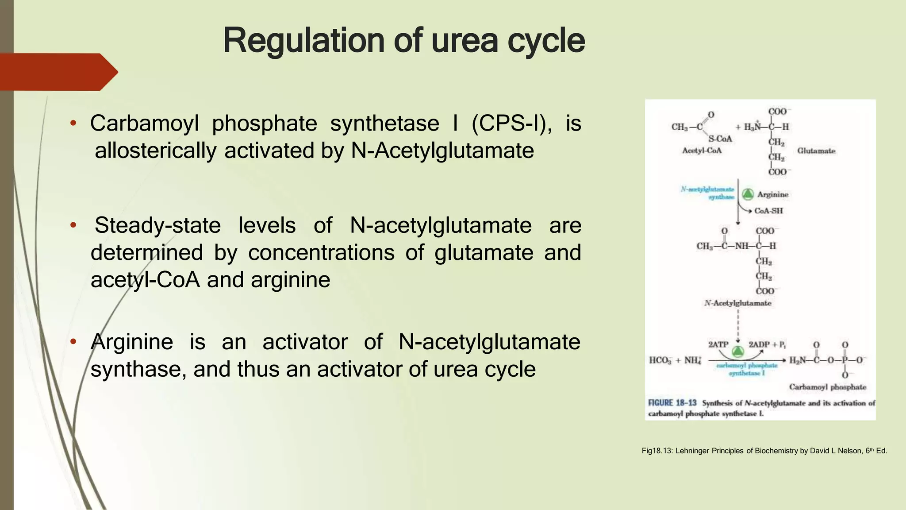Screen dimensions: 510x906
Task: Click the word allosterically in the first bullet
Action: (x=155, y=151)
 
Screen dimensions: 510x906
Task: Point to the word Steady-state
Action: (x=157, y=225)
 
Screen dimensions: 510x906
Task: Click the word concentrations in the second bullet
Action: (x=321, y=253)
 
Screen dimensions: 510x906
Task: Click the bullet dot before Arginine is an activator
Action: (x=73, y=342)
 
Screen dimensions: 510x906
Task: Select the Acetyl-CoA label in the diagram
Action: (x=702, y=151)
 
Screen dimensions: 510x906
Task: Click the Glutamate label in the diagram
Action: (x=816, y=151)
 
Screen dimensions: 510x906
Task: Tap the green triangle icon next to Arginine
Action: (x=748, y=194)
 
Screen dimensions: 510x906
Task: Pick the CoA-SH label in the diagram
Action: (x=768, y=211)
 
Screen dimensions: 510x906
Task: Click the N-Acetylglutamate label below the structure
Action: (x=737, y=303)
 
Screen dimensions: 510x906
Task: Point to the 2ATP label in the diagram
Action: (x=718, y=344)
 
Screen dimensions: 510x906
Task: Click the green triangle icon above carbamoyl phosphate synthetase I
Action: (x=737, y=352)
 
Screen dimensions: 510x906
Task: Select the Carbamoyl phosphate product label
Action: (x=828, y=387)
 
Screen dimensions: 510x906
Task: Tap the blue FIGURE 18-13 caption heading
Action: (x=672, y=403)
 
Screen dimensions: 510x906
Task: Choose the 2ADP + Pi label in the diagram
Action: (x=767, y=344)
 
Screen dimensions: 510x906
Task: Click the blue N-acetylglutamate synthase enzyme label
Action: (x=708, y=193)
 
